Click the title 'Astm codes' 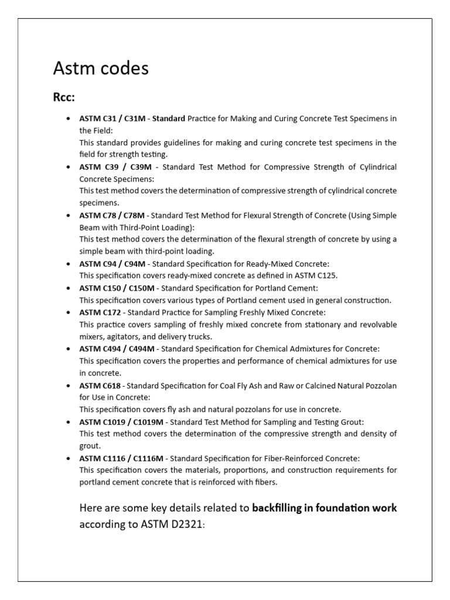tap(101, 69)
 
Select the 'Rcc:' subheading tap(64, 97)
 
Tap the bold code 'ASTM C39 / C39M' tap(114, 167)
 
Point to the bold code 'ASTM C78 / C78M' tap(112, 216)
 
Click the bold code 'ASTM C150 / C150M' tap(116, 288)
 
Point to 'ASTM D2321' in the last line tap(175, 524)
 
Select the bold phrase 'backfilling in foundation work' tap(324, 508)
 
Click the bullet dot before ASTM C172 tap(70, 313)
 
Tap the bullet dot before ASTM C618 tap(70, 386)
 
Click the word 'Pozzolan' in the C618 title tap(380, 386)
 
